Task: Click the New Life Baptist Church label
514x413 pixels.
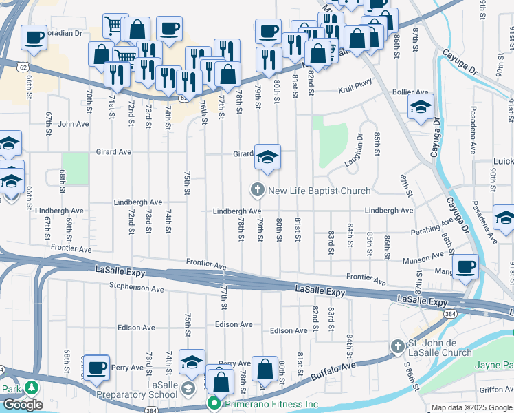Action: tap(319, 191)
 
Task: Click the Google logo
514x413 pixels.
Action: tap(23, 405)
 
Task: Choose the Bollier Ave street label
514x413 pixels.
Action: tap(410, 92)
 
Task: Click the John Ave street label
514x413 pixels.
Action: tap(74, 124)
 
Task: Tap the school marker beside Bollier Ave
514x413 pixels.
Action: tap(421, 107)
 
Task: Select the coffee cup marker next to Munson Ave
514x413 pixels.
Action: tap(465, 267)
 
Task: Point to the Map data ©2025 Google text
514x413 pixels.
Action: tap(471, 407)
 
